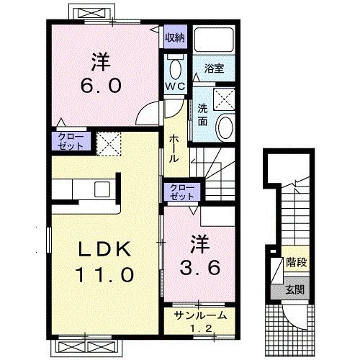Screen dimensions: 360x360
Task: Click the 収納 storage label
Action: [x=176, y=37]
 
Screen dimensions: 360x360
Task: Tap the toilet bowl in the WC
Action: [x=176, y=69]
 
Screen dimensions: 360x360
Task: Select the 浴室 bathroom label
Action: [x=214, y=68]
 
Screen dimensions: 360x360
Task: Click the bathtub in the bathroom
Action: [x=214, y=40]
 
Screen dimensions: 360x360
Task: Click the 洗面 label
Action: [x=202, y=115]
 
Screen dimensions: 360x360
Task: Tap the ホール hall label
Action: [x=174, y=148]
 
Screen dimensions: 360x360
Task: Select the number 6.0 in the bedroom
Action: [x=101, y=86]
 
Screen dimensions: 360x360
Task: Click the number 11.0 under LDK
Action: [x=104, y=274]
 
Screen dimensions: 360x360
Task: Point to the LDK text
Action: [x=104, y=249]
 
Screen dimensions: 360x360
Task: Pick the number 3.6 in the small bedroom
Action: [x=200, y=268]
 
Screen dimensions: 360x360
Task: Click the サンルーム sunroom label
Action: [x=200, y=315]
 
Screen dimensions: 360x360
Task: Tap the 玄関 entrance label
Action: [x=294, y=289]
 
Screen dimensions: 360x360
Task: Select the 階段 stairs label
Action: [x=297, y=262]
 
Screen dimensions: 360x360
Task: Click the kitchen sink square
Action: [x=102, y=189]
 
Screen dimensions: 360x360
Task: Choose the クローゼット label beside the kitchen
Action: [x=71, y=141]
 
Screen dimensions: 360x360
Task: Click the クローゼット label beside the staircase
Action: [x=182, y=192]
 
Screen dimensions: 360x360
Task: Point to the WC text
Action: [x=176, y=86]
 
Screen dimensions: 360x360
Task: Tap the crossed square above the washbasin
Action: [x=224, y=99]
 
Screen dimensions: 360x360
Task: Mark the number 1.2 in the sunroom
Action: [x=201, y=328]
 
